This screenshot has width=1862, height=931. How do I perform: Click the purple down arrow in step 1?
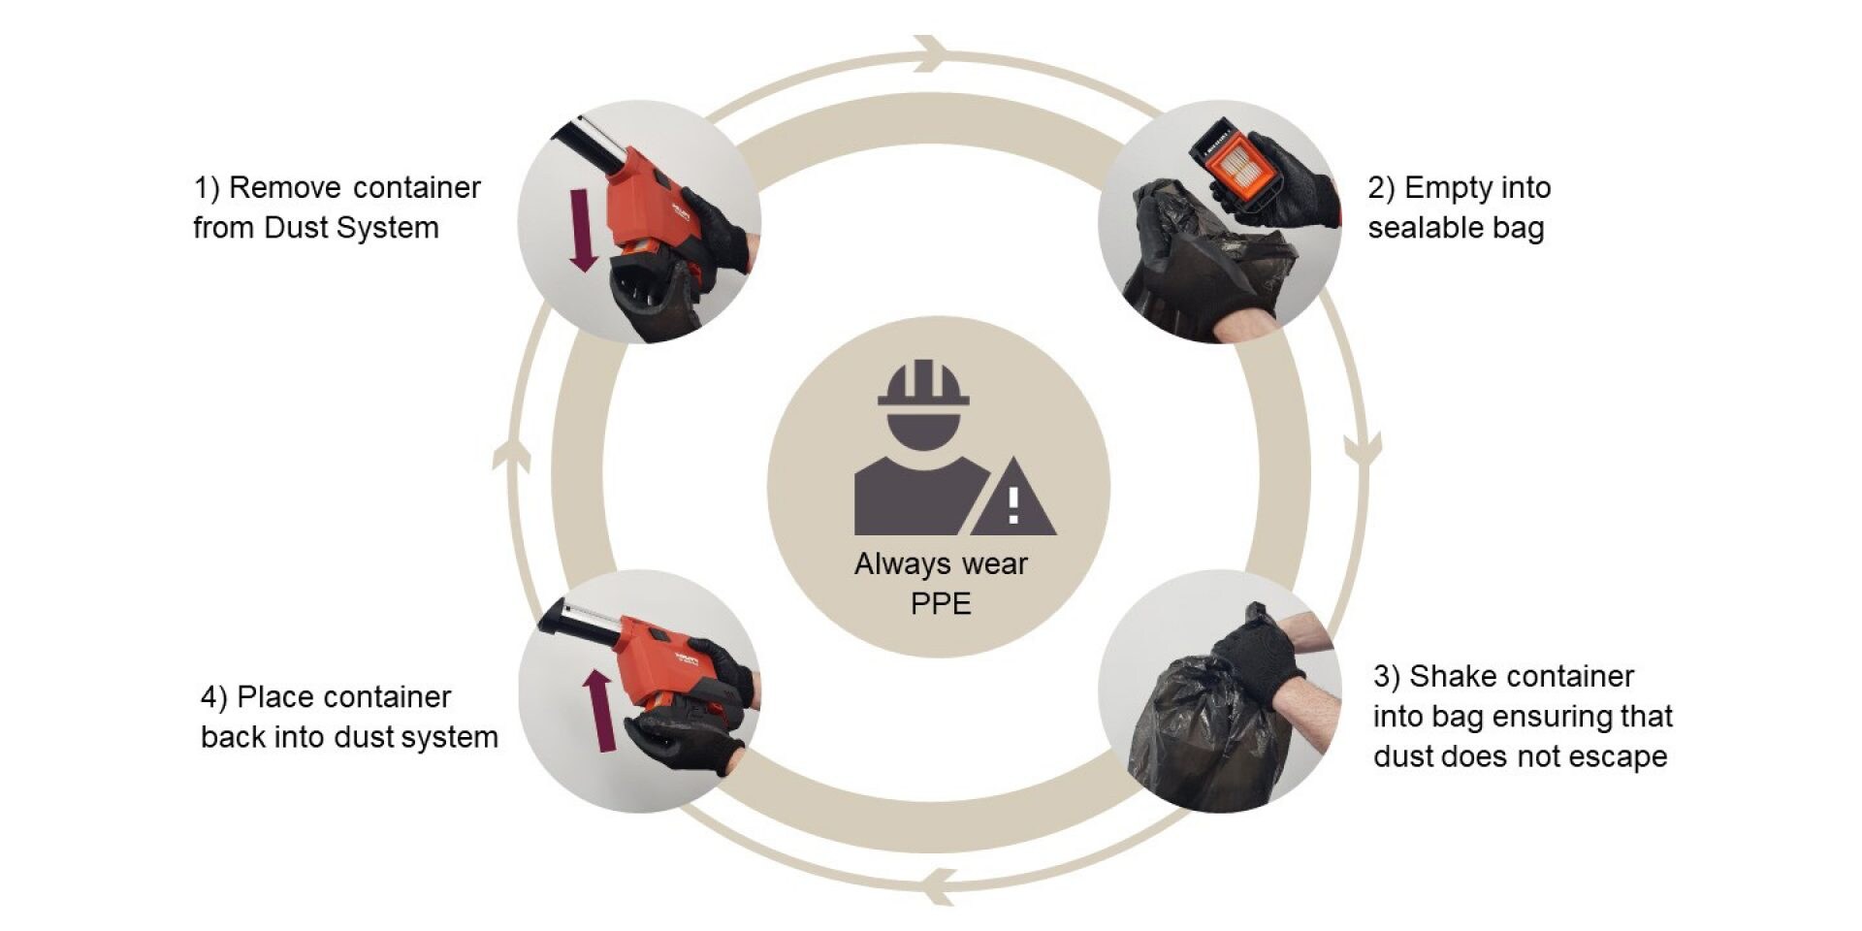tap(582, 230)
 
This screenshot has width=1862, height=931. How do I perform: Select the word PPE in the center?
tap(941, 604)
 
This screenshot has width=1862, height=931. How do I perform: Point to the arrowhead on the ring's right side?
tap(1363, 449)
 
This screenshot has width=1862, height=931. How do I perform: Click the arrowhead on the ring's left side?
tap(511, 452)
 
